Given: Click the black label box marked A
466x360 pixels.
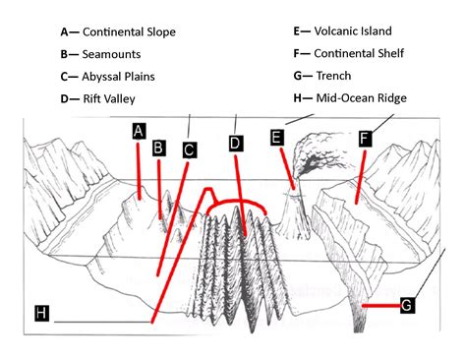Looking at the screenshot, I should (x=140, y=130).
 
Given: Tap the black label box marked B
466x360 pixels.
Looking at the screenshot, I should (x=158, y=148).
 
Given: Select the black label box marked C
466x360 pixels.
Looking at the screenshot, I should (x=190, y=150).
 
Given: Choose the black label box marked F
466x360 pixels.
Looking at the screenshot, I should (x=365, y=139).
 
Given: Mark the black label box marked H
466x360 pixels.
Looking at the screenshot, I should (x=40, y=313).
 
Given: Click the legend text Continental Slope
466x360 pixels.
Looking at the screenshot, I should (x=129, y=32).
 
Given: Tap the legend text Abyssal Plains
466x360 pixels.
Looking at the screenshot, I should (x=119, y=76).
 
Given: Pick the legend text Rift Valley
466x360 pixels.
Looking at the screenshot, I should (x=109, y=98).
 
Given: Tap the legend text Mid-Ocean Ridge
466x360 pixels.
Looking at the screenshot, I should (x=361, y=97).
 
